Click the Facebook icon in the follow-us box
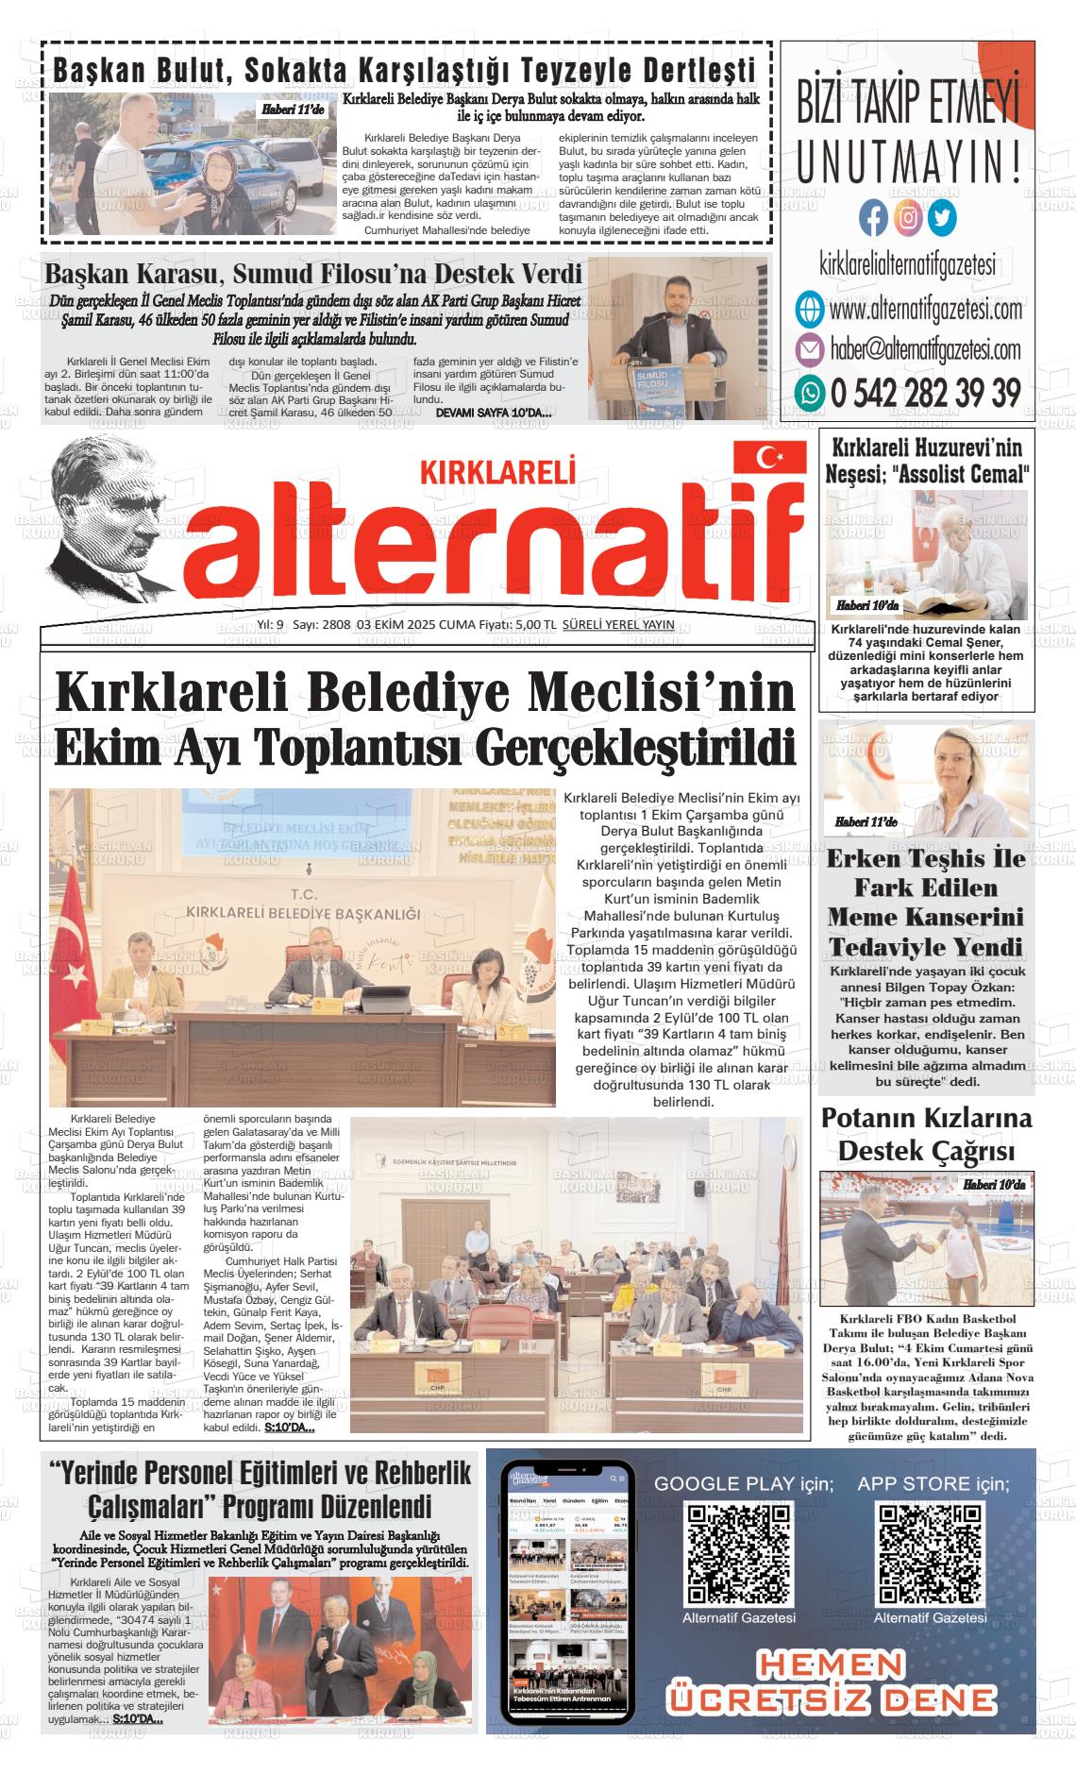[x=874, y=218]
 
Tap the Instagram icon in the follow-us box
[x=908, y=218]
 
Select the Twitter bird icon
[x=941, y=218]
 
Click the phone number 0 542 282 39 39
[x=925, y=392]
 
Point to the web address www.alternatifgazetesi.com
[x=925, y=309]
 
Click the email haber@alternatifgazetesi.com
[x=925, y=349]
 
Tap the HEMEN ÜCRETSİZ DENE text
[x=832, y=1681]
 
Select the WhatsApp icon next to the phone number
[x=809, y=392]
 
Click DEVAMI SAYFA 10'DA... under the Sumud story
[x=494, y=413]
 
